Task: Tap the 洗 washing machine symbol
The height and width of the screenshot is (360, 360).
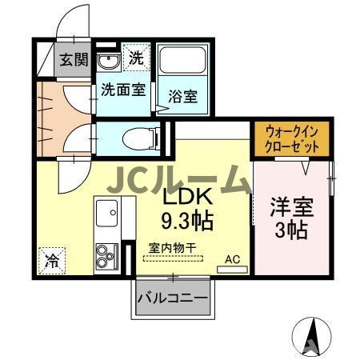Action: (x=138, y=58)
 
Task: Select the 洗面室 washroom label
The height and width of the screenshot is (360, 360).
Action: (x=122, y=90)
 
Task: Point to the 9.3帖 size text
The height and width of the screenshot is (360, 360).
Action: (x=189, y=218)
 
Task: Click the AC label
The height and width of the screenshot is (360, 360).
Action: (x=232, y=258)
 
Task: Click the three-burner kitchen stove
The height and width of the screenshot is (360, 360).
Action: (x=106, y=257)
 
